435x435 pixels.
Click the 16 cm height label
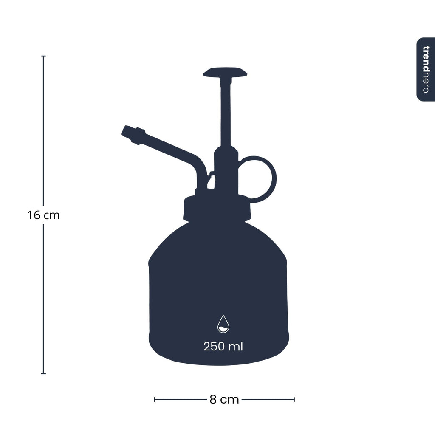tap(44, 215)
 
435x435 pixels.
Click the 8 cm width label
tap(224, 400)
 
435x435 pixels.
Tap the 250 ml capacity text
tap(223, 347)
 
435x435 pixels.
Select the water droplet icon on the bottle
tap(223, 324)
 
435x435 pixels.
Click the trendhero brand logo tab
tap(426, 69)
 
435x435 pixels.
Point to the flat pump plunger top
tap(225, 72)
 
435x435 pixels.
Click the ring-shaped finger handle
tap(258, 178)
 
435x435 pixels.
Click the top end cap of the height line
tap(43, 56)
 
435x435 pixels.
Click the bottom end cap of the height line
tap(43, 374)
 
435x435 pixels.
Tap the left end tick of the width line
tap(155, 399)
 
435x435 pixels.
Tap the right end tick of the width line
tap(294, 399)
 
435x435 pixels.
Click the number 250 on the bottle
tap(214, 347)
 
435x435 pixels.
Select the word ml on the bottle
tap(236, 347)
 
